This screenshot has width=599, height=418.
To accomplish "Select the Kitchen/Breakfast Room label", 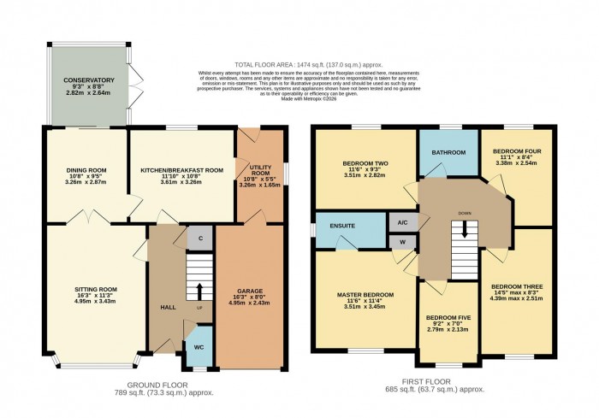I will click(181, 170).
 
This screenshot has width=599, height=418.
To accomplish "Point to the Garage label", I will click(249, 290).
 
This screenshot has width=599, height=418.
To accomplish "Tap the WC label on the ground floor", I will click(199, 346).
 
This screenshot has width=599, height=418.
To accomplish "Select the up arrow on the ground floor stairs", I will click(199, 289).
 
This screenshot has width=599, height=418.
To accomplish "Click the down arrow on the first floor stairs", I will click(465, 227).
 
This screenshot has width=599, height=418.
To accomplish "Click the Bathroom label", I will click(448, 152).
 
